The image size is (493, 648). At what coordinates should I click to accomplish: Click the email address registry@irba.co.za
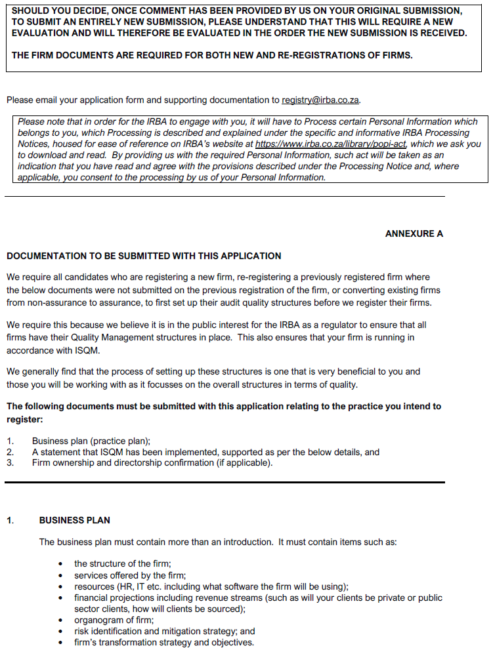click(x=320, y=100)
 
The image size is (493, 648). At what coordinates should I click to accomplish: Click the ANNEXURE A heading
click(x=414, y=233)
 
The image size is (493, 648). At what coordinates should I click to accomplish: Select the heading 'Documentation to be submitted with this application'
click(x=144, y=256)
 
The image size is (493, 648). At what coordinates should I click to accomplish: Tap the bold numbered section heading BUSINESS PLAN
click(x=74, y=520)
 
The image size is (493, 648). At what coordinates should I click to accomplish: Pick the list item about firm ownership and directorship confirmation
click(x=152, y=462)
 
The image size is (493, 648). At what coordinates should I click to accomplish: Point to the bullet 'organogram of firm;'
click(x=114, y=620)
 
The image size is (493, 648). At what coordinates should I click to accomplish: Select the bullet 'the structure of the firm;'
click(x=123, y=564)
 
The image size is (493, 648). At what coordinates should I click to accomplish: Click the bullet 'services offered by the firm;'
click(x=130, y=575)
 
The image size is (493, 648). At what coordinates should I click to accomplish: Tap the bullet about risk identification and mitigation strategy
click(x=164, y=631)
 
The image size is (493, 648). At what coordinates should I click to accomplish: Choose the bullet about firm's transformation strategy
click(x=163, y=642)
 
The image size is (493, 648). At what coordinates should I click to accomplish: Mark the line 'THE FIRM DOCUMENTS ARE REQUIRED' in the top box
click(x=212, y=55)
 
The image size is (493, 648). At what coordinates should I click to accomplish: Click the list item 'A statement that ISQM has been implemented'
click(x=205, y=452)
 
